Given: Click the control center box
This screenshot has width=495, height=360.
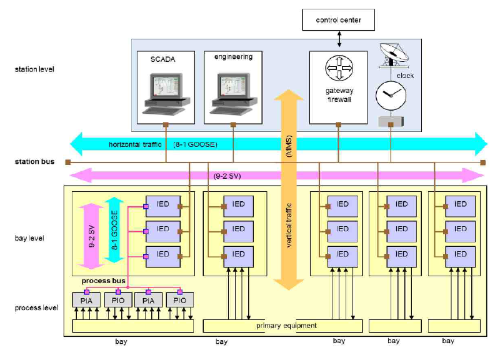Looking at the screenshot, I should [x=337, y=20].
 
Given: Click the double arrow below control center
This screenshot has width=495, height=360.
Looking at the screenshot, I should [x=338, y=39].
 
